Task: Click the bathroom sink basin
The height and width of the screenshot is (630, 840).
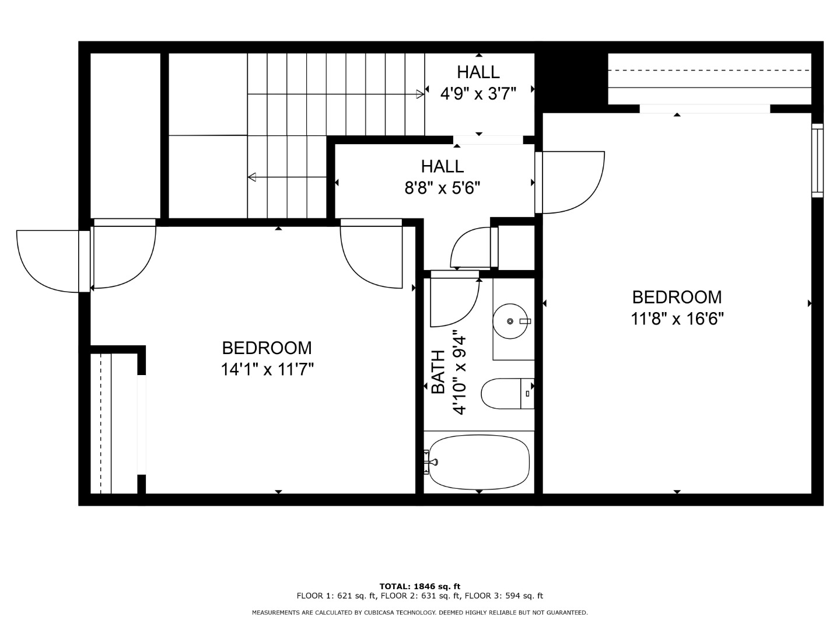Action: coord(510,321)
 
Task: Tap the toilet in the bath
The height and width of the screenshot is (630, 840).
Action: coord(508,394)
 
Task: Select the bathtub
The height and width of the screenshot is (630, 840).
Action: coord(479,461)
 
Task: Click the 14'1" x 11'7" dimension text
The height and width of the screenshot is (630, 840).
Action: coord(267,369)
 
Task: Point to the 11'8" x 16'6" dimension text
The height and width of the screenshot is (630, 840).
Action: coord(677,318)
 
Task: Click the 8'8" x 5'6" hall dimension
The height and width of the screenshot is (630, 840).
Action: coord(442,188)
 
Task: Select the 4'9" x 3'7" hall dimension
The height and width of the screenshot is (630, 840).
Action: coord(478,93)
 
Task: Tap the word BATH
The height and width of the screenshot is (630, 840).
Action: coord(438,372)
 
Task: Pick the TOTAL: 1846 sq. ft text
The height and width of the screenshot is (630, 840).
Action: coord(420,586)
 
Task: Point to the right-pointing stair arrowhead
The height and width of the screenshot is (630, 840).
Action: coord(420,94)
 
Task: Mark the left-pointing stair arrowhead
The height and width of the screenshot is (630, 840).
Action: coord(252,177)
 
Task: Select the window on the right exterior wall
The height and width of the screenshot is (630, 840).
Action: coord(817,160)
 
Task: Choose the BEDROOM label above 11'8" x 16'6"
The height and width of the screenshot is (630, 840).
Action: coord(677,297)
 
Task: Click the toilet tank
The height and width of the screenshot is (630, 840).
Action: coord(527,394)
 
